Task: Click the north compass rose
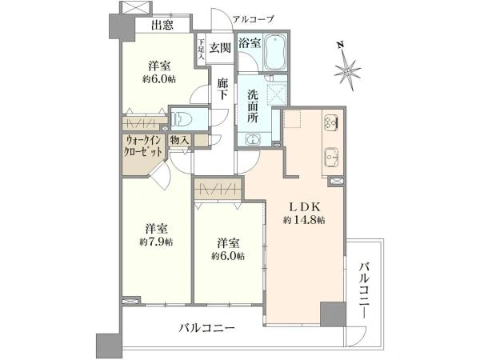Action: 347,71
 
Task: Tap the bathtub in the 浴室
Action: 275,52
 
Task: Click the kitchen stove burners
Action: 331,122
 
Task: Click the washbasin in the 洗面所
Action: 254,139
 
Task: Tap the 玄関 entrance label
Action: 220,48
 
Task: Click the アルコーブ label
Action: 253,19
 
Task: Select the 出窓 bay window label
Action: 162,25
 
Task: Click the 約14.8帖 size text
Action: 304,220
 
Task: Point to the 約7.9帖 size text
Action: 156,242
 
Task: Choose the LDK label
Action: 305,207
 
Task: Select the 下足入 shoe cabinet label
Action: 201,49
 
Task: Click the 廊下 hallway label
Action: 222,89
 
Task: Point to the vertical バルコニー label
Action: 365,290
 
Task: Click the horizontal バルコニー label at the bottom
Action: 207,329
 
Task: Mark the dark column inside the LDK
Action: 333,314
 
